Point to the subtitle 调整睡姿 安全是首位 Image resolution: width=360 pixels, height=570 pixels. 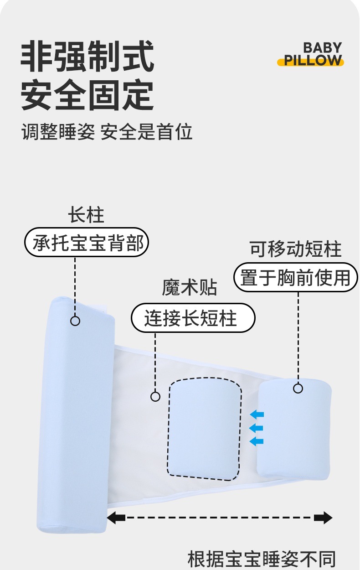pos(107,132)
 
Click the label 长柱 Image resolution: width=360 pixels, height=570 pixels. pos(86,216)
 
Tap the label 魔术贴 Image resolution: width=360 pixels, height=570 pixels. pos(190,288)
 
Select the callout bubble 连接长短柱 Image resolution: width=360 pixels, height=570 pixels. pos(193,318)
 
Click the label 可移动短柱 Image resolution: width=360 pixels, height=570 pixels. pos(295,249)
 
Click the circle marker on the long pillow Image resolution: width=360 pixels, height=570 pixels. pos(75,321)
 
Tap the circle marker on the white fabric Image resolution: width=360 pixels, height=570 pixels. pos(155,396)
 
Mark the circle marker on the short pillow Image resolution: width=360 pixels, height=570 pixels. pos(298,388)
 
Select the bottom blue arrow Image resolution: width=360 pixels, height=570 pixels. pos(257,441)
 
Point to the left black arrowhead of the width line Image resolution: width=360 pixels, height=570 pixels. pos(116,518)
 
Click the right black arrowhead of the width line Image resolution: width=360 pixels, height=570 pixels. pos(323,518)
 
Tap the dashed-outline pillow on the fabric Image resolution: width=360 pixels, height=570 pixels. pos(204,429)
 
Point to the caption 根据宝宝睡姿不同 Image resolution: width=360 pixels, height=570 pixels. pos(262,559)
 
